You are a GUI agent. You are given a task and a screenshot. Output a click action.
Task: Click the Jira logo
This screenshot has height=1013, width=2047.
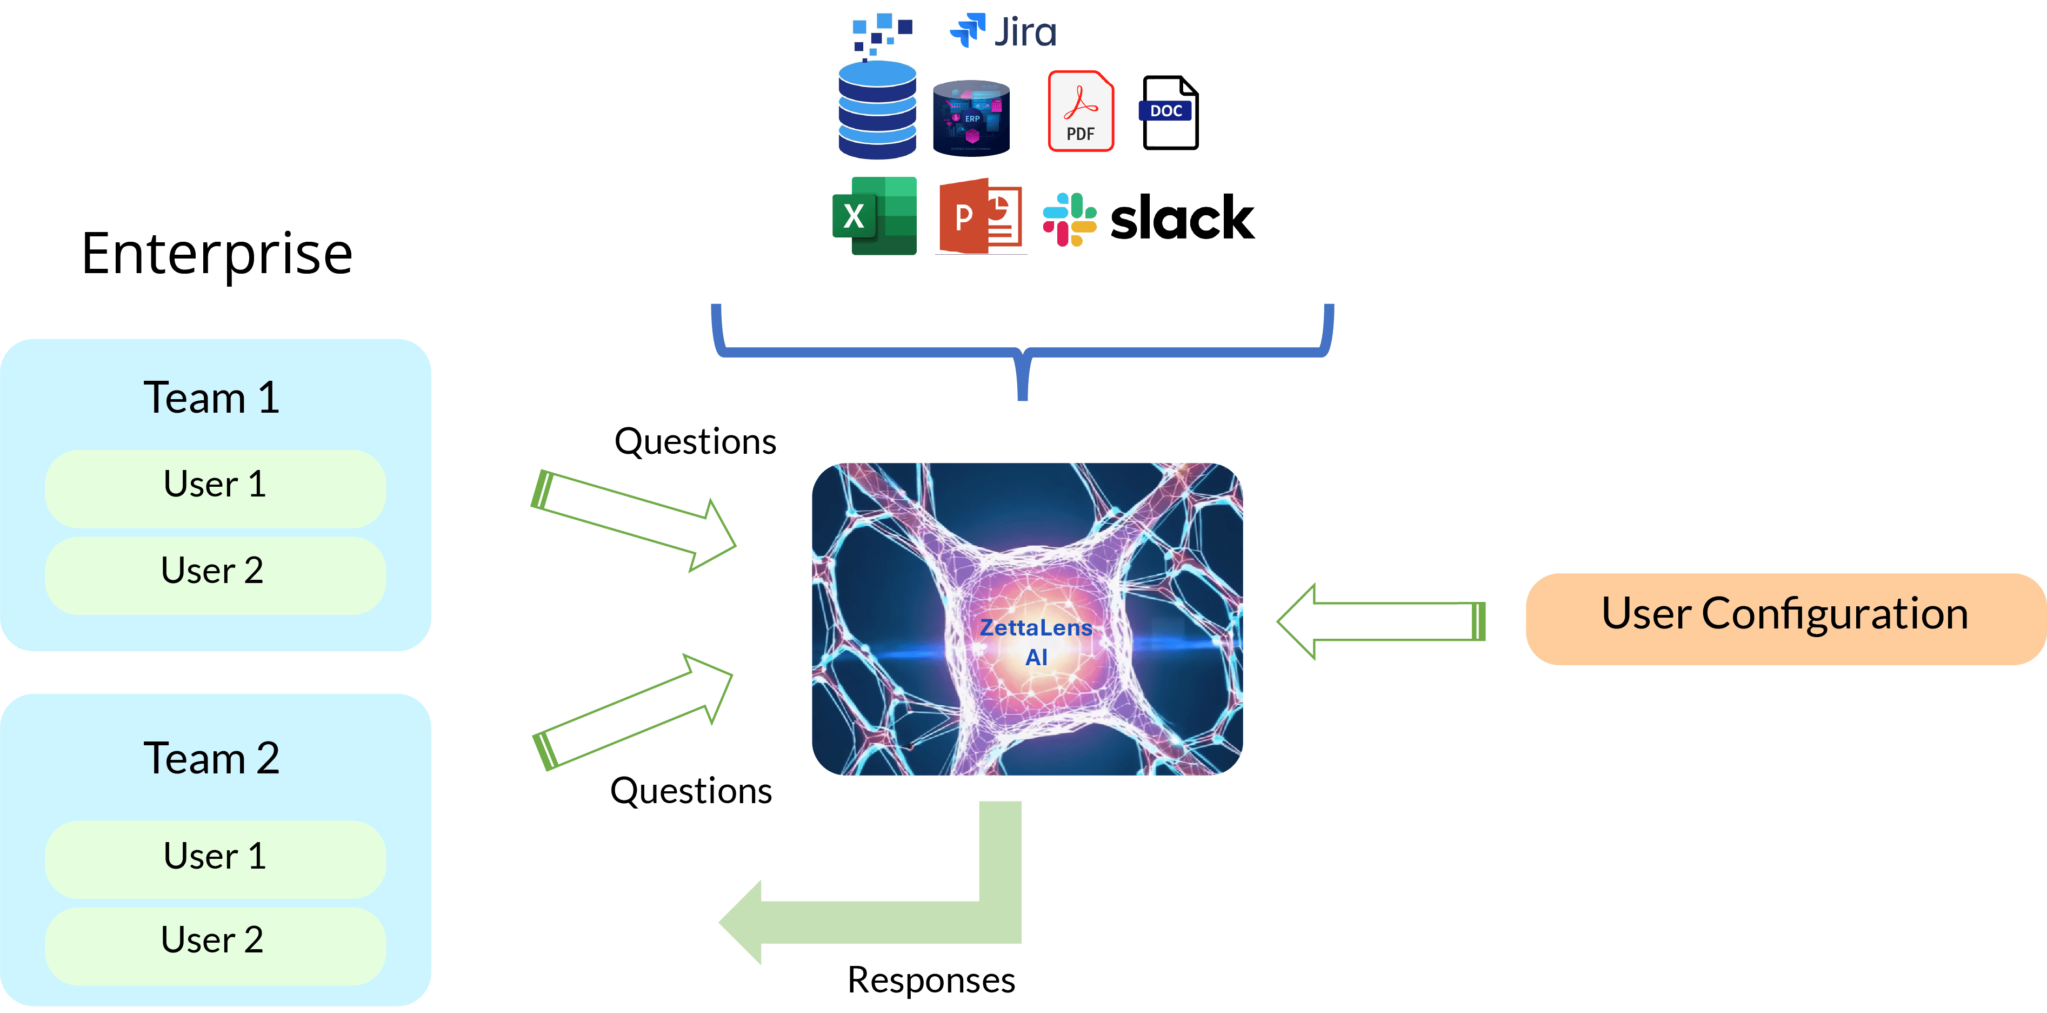click(1003, 32)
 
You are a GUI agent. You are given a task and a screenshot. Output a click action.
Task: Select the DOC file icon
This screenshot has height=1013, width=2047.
click(1170, 113)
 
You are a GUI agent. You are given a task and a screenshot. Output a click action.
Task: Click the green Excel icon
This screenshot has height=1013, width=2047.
click(874, 215)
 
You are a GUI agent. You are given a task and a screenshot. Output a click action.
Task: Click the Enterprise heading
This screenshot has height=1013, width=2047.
click(217, 254)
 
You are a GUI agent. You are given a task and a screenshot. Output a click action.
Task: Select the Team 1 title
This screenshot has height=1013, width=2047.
click(211, 398)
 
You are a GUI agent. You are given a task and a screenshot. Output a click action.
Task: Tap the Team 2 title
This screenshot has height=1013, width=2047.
click(211, 758)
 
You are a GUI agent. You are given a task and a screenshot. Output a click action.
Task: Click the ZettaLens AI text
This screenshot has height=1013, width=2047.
click(1036, 641)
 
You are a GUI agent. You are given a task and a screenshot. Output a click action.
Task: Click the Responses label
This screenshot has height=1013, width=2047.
click(930, 979)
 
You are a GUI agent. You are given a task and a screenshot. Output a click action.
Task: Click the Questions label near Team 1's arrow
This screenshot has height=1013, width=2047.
click(695, 441)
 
